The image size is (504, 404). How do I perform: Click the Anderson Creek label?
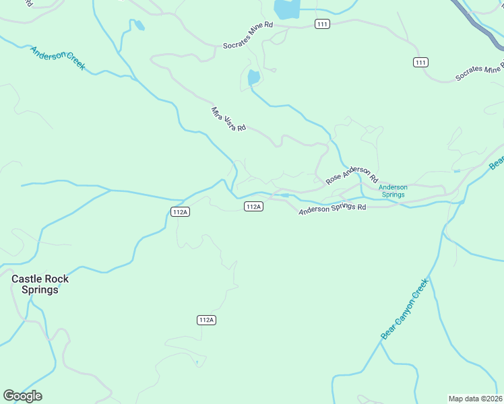click(x=57, y=57)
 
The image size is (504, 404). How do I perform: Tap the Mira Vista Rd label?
click(x=228, y=119)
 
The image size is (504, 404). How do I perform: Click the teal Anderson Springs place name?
click(x=393, y=191)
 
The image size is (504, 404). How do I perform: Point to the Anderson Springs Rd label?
click(x=332, y=209)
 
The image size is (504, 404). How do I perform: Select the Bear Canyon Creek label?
click(x=404, y=309)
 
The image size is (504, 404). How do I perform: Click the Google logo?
click(x=22, y=396)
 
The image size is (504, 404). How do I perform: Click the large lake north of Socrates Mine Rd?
click(x=286, y=9)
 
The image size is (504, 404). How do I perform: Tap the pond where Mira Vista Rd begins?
click(x=253, y=77)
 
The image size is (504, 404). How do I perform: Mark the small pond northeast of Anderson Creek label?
click(x=139, y=26)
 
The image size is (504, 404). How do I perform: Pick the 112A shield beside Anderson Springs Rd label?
click(x=253, y=207)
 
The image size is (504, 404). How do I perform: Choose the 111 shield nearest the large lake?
click(x=322, y=24)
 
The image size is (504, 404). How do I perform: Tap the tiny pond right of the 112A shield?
click(x=285, y=196)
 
